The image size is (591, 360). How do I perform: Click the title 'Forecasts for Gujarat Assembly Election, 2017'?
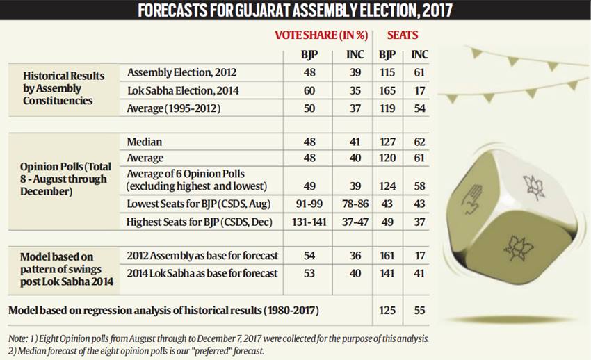tap(295, 10)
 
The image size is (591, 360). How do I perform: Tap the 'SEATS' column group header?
tap(402, 35)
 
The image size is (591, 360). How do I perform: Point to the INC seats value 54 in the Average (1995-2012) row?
tap(419, 109)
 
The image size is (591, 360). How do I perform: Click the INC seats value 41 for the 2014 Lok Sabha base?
tap(419, 273)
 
